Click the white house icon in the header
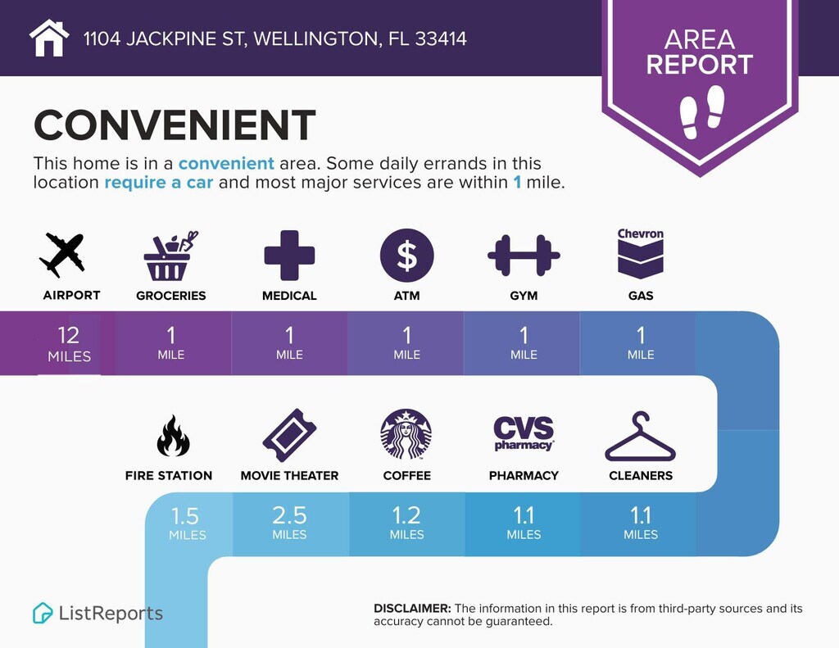pyautogui.click(x=49, y=38)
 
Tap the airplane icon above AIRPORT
pyautogui.click(x=62, y=255)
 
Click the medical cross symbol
pyautogui.click(x=289, y=256)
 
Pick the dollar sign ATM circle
pyautogui.click(x=406, y=256)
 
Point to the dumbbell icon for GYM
pyautogui.click(x=524, y=256)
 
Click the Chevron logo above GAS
pyautogui.click(x=641, y=254)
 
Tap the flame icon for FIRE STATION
pyautogui.click(x=173, y=436)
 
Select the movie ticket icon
pyautogui.click(x=289, y=435)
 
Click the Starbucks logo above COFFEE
pyautogui.click(x=406, y=434)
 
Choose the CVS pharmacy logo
pyautogui.click(x=524, y=433)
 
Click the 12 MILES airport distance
pyautogui.click(x=69, y=343)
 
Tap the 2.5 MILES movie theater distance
pyautogui.click(x=289, y=523)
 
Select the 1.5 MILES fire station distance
pyautogui.click(x=187, y=523)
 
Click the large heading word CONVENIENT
pyautogui.click(x=175, y=125)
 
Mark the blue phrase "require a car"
pyautogui.click(x=158, y=183)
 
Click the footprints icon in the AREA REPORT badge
pyautogui.click(x=701, y=112)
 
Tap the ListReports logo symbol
pyautogui.click(x=43, y=614)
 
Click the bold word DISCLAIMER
pyautogui.click(x=412, y=609)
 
